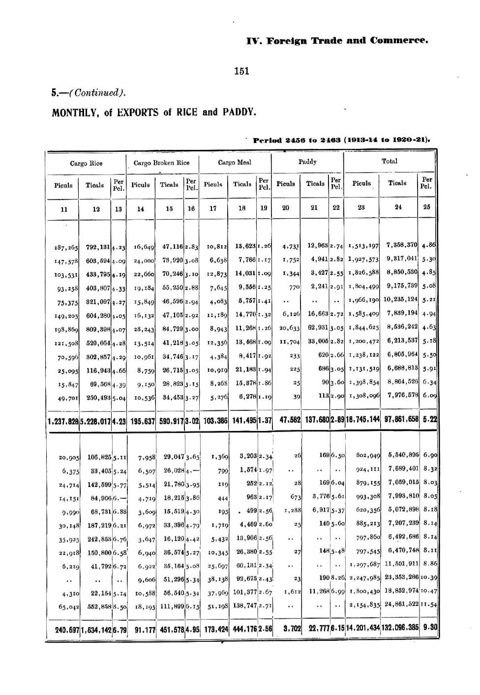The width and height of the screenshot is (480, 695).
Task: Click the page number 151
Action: [241, 71]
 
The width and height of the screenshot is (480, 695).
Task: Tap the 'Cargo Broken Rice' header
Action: [162, 163]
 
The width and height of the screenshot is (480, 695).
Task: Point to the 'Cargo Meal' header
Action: [235, 162]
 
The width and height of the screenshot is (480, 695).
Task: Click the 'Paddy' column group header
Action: [307, 162]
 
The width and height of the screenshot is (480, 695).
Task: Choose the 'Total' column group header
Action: [390, 161]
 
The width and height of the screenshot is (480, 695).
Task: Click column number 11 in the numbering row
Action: [63, 208]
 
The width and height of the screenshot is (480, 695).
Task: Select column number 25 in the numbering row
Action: [426, 207]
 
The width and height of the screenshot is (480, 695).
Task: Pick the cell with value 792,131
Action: [98, 247]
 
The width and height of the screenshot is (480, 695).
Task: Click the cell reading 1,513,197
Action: [363, 246]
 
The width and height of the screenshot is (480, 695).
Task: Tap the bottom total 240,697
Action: [67, 628]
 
